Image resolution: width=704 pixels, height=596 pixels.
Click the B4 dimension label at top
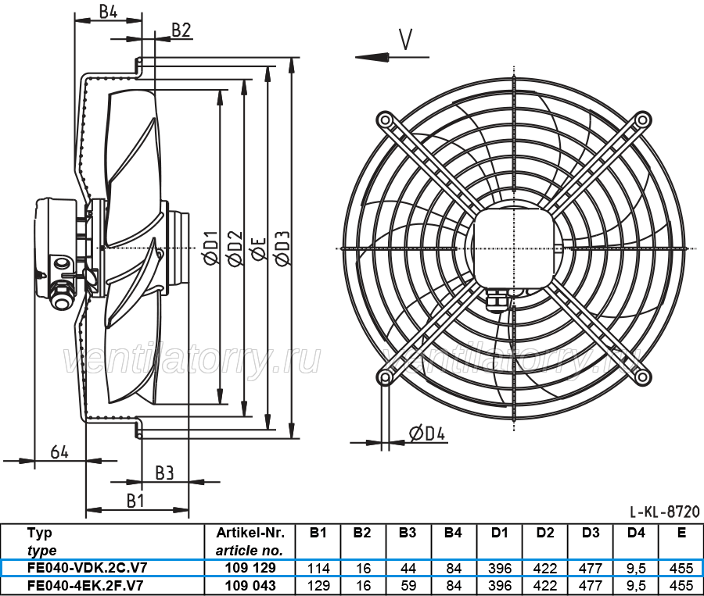[x=108, y=11]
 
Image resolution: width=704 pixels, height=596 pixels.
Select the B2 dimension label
[x=181, y=30]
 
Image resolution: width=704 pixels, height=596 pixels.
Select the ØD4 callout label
[x=427, y=434]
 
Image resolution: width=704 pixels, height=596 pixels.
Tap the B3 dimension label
[x=163, y=473]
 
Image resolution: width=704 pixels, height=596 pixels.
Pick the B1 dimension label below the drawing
[x=135, y=500]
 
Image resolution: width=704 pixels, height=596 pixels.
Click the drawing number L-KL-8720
[x=664, y=512]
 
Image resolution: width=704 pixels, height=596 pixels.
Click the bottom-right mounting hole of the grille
[x=642, y=377]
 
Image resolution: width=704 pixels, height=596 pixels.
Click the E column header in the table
[x=681, y=533]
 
